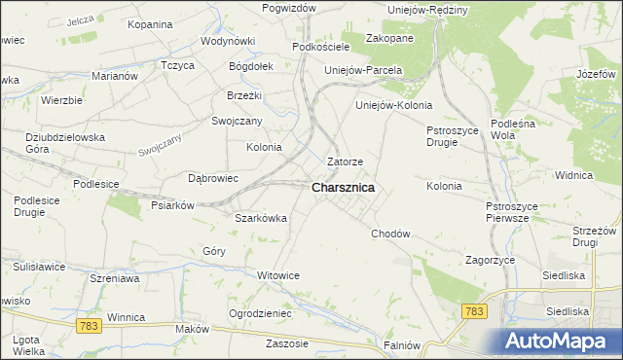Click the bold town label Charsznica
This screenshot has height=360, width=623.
click(344, 188)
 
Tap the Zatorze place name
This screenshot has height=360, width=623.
click(346, 162)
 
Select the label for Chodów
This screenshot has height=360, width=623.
click(390, 234)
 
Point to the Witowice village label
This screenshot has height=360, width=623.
click(278, 275)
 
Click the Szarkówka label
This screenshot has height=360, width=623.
click(261, 218)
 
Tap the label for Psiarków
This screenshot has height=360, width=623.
click(175, 205)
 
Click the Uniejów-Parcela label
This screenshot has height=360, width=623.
click(363, 70)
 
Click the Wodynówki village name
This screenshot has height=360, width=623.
click(228, 42)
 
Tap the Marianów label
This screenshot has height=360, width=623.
click(115, 75)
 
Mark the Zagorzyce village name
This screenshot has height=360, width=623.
click(490, 260)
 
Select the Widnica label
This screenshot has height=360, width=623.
click(573, 175)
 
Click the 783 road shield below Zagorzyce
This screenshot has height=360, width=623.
click(474, 310)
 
